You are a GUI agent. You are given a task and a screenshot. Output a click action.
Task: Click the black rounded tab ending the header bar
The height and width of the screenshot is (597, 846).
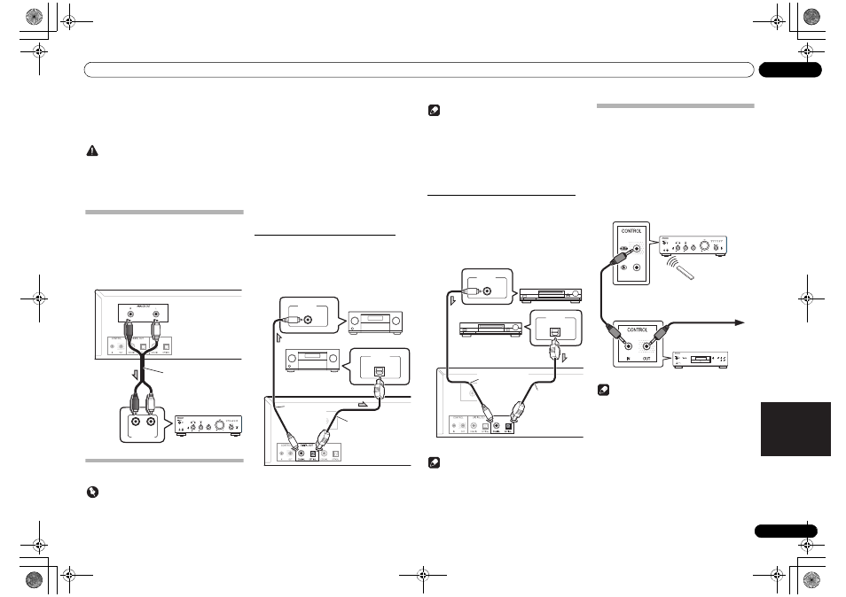click(x=790, y=70)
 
